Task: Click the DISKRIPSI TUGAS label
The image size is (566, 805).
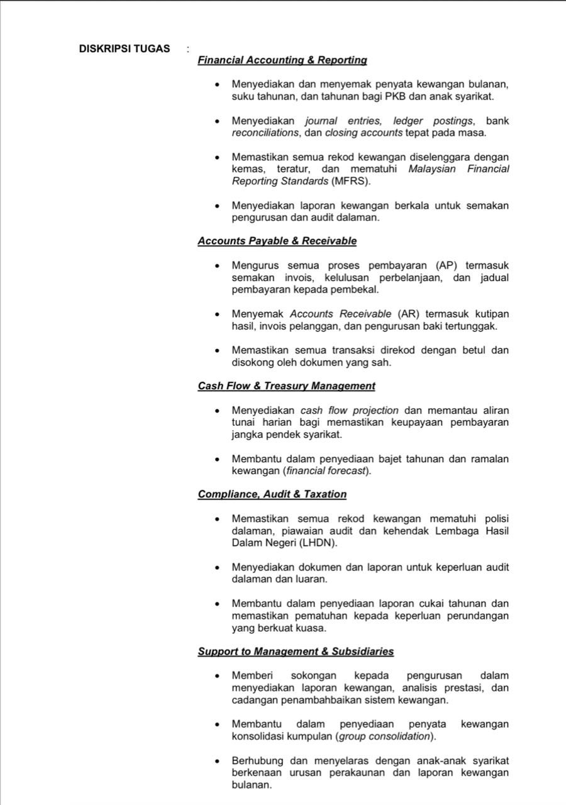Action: (x=125, y=48)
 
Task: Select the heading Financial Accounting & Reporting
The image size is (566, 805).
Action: (x=282, y=60)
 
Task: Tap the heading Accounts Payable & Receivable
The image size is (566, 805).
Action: (x=277, y=241)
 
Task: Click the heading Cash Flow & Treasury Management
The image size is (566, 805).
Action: (x=286, y=386)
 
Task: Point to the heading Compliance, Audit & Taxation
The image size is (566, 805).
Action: (x=272, y=494)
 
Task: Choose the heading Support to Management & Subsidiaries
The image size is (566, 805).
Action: (x=296, y=652)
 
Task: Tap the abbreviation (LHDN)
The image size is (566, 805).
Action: (x=316, y=543)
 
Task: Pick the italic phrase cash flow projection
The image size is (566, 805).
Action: (x=350, y=411)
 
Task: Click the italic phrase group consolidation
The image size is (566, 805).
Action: (x=385, y=736)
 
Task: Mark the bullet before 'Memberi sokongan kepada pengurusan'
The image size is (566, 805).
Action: (x=217, y=676)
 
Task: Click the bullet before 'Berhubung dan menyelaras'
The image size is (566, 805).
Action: (x=217, y=761)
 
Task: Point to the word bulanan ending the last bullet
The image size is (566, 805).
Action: (x=252, y=785)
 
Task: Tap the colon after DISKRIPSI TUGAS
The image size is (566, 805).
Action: (x=187, y=49)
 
